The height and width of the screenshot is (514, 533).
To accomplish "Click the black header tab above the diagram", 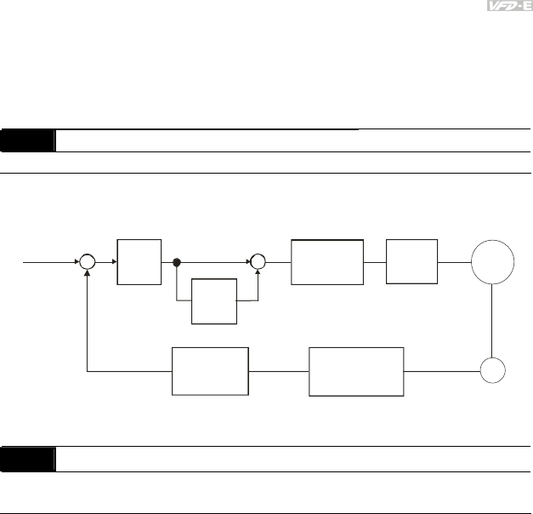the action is (28, 140).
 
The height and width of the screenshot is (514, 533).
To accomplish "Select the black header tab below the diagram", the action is (28, 460).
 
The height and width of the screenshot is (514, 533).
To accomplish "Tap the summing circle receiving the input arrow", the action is (88, 263).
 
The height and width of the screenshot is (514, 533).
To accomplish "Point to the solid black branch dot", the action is (177, 263).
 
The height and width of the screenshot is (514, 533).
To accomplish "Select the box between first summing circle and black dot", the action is (140, 263).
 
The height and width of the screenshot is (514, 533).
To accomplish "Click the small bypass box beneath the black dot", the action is (213, 301).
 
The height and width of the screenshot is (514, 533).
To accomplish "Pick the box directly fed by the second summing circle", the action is (327, 262).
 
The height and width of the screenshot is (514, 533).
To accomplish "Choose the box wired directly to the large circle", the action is (412, 262).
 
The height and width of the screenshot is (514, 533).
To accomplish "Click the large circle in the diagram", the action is (493, 263).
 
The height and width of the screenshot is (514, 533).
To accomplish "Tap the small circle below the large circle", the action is (493, 370).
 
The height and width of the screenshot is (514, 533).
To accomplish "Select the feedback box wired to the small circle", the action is (356, 371).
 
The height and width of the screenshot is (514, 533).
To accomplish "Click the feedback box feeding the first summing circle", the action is (210, 371).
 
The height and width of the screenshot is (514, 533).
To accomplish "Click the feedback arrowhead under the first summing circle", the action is (88, 276).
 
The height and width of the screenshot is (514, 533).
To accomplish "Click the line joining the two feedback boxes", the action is (279, 371).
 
